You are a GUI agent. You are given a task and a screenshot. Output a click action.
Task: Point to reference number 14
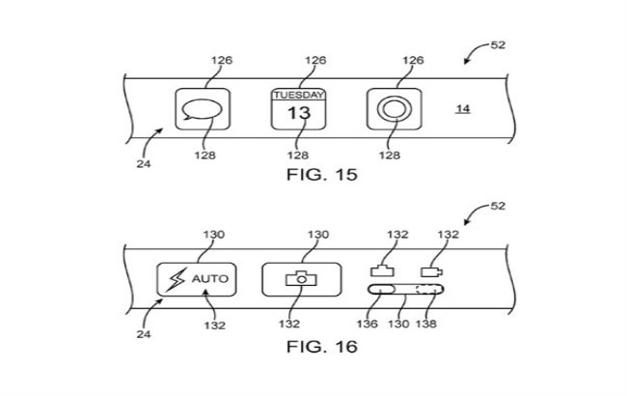[463, 109]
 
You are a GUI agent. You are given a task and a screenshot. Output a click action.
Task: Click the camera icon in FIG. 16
[303, 279]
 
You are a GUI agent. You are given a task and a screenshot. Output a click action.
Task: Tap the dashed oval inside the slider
[425, 290]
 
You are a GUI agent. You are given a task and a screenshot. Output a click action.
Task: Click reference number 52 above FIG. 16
[500, 205]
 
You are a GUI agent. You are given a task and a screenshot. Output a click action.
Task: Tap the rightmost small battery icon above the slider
[428, 272]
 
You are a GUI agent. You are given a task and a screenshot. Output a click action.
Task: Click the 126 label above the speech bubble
[222, 61]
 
